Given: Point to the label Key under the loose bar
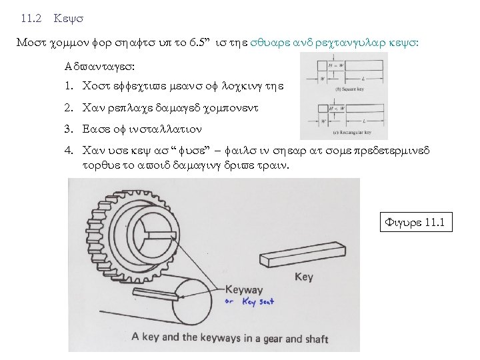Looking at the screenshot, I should click(x=303, y=276).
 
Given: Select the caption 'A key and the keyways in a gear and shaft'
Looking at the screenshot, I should click(x=230, y=339).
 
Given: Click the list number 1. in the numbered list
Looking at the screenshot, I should click(x=69, y=87).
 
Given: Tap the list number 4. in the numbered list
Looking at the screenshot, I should click(x=69, y=151).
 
